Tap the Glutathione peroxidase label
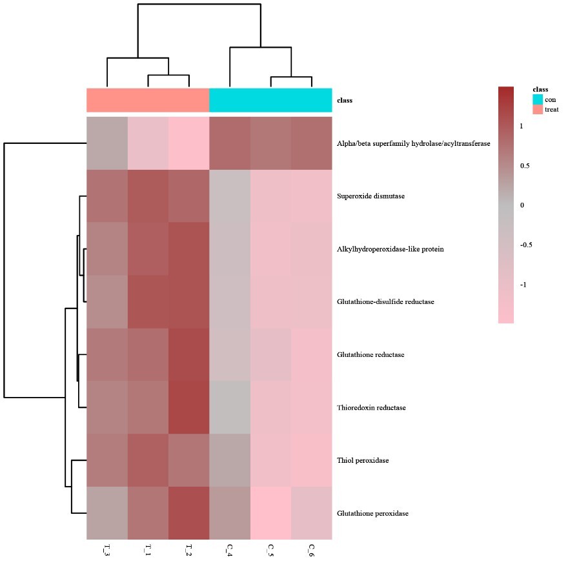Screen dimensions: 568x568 tap(372, 514)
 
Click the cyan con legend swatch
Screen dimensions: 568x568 tap(537, 99)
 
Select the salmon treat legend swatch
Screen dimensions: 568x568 tap(537, 110)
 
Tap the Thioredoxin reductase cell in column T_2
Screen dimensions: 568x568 tap(188, 408)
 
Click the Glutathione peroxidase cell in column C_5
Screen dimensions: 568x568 tap(270, 514)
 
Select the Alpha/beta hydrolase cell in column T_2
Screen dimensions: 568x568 tap(188, 143)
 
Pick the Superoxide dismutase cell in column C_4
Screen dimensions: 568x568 tap(230, 196)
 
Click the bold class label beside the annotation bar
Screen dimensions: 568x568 tap(345, 101)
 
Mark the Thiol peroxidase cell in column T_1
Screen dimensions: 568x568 tap(148, 461)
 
